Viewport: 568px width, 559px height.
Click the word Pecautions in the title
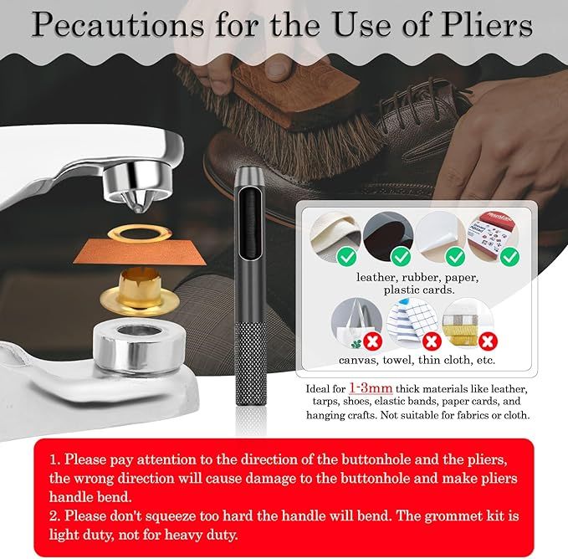118,25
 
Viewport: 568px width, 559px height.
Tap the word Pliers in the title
487,25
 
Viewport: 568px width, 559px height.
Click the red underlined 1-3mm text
371,388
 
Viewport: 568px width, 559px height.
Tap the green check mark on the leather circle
346,256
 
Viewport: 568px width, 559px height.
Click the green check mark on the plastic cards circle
509,256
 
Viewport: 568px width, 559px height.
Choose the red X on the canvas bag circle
372,341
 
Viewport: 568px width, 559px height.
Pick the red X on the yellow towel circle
488,341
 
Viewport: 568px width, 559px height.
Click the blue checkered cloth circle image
413,322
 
